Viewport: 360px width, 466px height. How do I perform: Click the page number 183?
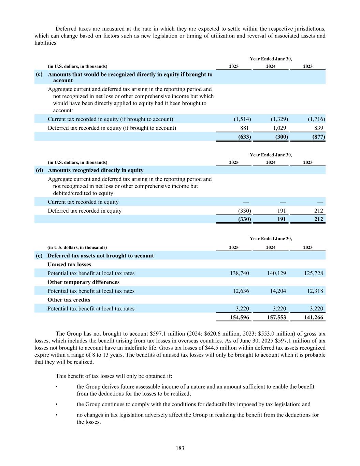point(180,448)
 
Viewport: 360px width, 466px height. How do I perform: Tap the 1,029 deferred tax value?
point(279,128)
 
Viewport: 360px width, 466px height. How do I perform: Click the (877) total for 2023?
point(318,137)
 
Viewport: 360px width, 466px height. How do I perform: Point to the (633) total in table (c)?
point(244,137)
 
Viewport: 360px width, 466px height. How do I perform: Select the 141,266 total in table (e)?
point(313,317)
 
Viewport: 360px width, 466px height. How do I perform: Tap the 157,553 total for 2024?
point(276,317)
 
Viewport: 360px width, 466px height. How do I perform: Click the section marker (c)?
point(39,74)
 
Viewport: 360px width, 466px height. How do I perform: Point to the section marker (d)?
point(39,170)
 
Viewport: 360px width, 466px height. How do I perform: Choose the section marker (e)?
point(39,255)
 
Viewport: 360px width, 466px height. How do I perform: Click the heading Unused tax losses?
point(69,264)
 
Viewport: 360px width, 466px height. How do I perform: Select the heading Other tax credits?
point(69,300)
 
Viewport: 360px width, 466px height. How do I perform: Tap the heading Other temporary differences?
point(83,282)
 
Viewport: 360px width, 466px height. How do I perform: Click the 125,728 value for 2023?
point(313,273)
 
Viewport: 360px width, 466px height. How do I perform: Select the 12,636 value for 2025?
point(241,291)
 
